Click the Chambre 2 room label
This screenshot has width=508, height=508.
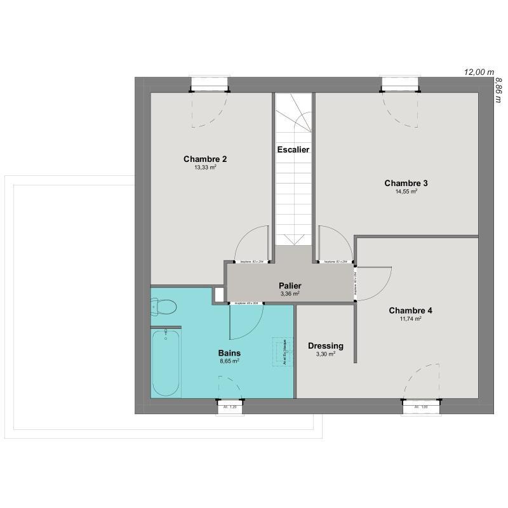(x=205, y=159)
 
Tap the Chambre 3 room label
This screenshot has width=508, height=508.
(x=406, y=183)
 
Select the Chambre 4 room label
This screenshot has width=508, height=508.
(x=410, y=311)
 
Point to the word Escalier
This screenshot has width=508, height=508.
(x=293, y=150)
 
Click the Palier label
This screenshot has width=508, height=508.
(x=290, y=286)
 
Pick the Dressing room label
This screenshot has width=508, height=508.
(x=325, y=345)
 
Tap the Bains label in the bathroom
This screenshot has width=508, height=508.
(x=229, y=352)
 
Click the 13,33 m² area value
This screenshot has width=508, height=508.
(x=205, y=168)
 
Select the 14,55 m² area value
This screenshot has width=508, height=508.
(x=406, y=192)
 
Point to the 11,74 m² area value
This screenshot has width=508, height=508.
(x=410, y=319)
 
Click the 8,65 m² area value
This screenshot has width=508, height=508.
(x=229, y=361)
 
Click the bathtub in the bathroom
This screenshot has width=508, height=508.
(x=166, y=362)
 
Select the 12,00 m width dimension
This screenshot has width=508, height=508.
(x=479, y=72)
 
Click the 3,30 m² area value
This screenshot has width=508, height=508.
(x=325, y=354)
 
